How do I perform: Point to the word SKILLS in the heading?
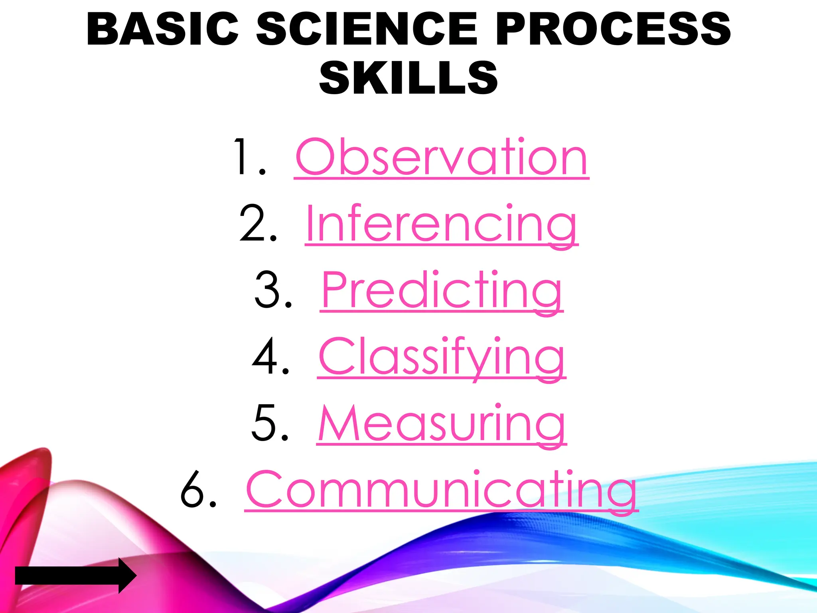[408, 78]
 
